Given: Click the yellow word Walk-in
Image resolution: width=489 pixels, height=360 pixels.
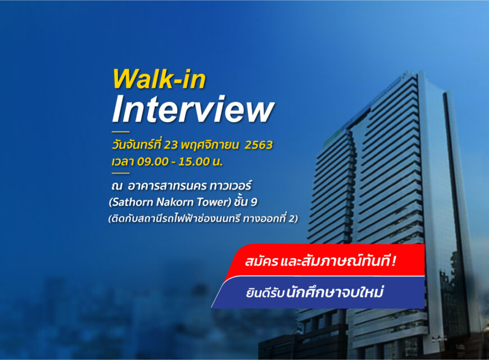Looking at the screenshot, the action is click(159, 79).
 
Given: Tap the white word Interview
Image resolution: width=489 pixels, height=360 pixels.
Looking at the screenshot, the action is click(193, 109).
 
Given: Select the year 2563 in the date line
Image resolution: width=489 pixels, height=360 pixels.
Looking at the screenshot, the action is click(259, 145).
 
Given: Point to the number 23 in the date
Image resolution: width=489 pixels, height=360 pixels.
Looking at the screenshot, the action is click(171, 145).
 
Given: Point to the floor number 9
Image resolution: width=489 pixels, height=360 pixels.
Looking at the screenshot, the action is click(254, 202).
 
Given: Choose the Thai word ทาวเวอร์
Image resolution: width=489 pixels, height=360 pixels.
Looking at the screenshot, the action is click(230, 186).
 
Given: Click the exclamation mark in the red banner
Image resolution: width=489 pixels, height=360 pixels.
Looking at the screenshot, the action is click(394, 260).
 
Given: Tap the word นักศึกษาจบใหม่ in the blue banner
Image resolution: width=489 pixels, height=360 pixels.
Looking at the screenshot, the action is click(334, 292).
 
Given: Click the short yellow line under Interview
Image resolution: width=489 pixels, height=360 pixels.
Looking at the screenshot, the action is click(120, 132).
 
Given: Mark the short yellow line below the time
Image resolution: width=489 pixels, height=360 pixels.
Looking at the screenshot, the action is click(120, 173).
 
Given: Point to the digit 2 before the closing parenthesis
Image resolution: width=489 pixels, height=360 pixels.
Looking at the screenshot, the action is click(291, 219).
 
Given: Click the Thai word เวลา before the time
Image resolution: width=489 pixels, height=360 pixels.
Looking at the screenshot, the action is click(123, 162).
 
